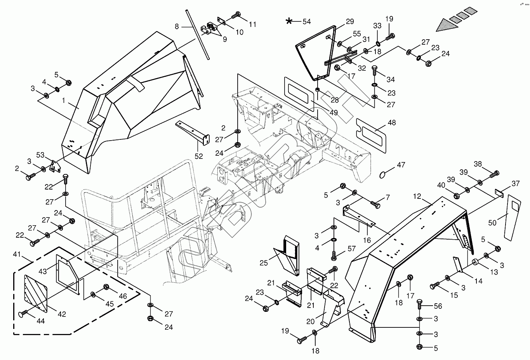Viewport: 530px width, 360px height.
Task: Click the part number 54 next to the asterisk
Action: (307, 22)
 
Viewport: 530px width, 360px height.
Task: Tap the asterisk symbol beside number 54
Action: (289, 21)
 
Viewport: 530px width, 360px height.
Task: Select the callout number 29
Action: (349, 21)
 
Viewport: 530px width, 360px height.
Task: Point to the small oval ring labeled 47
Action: (383, 173)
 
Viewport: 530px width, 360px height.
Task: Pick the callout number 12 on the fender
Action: (417, 197)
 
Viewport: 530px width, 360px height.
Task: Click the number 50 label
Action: (492, 223)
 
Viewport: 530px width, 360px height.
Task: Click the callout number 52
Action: (199, 157)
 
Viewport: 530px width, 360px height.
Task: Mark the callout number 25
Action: (264, 263)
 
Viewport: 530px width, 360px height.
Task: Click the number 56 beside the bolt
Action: (438, 306)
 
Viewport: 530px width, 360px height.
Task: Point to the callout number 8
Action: (177, 27)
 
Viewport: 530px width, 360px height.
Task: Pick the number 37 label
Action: (515, 183)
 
